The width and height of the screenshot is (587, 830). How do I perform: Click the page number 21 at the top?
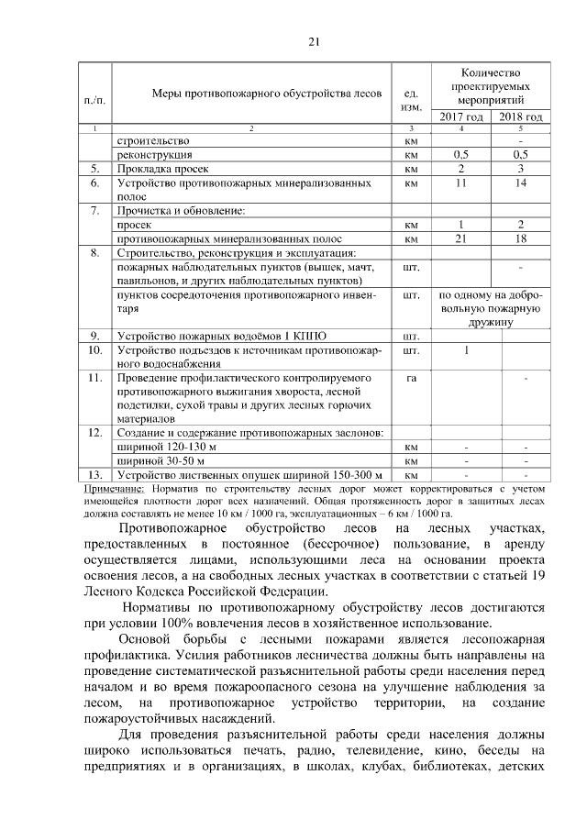point(313,41)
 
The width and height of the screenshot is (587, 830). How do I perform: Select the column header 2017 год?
point(461,116)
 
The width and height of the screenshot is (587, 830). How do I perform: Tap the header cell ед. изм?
point(411,100)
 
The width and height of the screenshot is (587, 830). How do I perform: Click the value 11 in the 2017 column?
point(461,183)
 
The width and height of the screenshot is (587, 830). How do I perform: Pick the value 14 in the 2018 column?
point(521,183)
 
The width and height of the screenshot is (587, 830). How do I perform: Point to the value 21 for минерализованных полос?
point(461,238)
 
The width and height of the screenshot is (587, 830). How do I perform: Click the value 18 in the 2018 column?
point(521,238)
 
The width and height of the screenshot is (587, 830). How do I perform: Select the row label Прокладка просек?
point(163,170)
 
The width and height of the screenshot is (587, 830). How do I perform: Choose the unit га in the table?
point(411,377)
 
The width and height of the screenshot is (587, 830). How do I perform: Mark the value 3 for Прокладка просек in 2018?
point(521,170)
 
